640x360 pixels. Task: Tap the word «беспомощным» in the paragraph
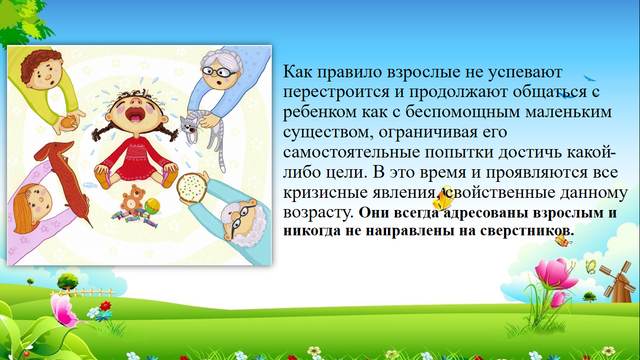(x=462, y=112)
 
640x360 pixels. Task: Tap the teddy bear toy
(x=132, y=199)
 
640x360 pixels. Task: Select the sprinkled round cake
(x=192, y=188)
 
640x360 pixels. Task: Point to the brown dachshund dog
(x=66, y=178)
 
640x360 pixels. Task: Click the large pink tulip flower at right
(x=553, y=273)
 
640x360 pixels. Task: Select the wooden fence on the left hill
(x=83, y=292)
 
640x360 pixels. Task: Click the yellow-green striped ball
(x=152, y=206)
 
